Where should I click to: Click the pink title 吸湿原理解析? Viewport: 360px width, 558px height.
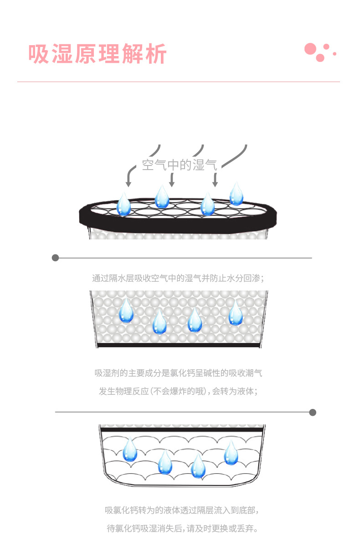(98, 53)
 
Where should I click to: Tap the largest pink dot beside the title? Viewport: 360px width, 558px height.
(310, 49)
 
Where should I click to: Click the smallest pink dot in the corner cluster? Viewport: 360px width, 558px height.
(334, 53)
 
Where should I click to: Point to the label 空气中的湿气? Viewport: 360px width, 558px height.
(179, 165)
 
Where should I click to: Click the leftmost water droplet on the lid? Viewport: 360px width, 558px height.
(124, 204)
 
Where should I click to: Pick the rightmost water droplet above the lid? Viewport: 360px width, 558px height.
(236, 194)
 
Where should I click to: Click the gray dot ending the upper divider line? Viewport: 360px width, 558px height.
(55, 258)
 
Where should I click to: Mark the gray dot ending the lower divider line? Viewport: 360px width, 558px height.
(313, 413)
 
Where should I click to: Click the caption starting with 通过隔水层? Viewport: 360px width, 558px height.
(178, 278)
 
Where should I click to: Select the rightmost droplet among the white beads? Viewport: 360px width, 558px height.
(236, 313)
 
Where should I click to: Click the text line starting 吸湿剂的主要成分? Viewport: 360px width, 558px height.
(178, 373)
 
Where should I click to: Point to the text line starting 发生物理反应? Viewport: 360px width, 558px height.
(178, 391)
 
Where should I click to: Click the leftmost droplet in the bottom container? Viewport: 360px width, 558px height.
(130, 449)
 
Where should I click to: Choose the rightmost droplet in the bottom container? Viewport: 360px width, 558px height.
(231, 453)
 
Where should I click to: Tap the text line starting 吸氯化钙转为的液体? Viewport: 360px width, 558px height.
(181, 510)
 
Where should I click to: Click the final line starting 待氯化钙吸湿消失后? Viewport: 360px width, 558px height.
(182, 528)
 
